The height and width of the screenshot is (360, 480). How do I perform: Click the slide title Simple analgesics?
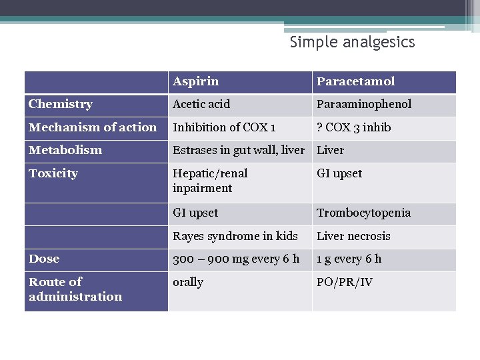[x=352, y=43]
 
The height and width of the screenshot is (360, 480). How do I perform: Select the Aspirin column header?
[x=195, y=81]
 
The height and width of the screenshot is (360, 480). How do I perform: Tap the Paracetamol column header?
[x=355, y=81]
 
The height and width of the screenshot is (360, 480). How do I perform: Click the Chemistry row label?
[x=61, y=104]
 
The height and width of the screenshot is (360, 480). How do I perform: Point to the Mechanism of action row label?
[x=93, y=127]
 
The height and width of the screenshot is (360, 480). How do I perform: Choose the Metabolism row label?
[x=65, y=150]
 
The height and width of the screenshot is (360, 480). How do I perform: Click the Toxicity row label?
[x=53, y=173]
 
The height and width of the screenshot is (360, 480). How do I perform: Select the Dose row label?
[x=44, y=259]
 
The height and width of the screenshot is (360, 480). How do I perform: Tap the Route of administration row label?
[x=75, y=289]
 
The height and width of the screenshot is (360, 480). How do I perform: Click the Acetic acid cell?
[x=201, y=104]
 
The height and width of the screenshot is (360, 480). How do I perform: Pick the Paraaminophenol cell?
[x=364, y=104]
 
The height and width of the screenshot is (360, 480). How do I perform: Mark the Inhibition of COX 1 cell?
[x=224, y=127]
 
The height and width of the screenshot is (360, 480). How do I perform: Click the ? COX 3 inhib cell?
[x=353, y=127]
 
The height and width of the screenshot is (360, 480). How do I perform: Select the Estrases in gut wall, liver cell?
[x=239, y=150]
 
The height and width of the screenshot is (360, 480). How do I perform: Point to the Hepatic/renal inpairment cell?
[x=210, y=181]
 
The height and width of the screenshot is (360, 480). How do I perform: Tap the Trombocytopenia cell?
[x=363, y=213]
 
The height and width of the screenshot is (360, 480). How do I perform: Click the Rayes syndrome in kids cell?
[x=235, y=236]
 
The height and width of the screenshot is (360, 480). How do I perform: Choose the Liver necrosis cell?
[x=353, y=236]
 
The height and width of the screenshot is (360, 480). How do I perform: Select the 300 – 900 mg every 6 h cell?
[x=236, y=259]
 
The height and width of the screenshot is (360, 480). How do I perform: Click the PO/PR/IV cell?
[x=345, y=282]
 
